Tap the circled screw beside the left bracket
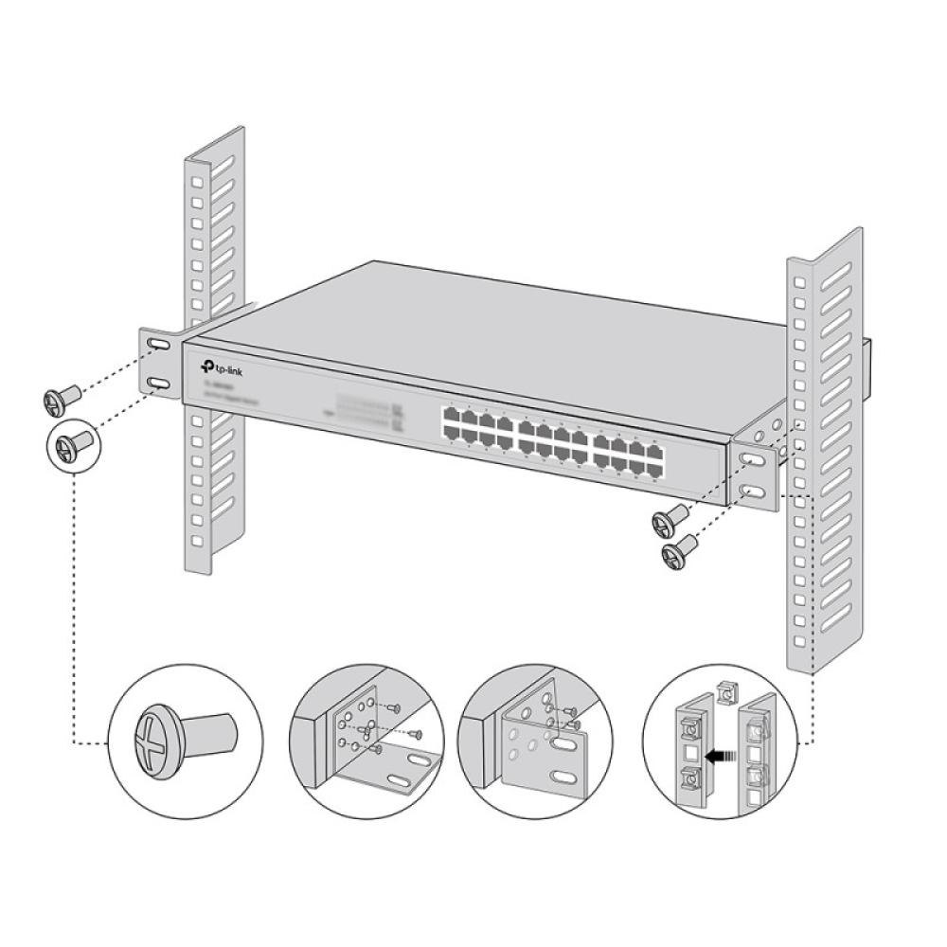coord(72,443)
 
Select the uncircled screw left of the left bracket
coord(58,399)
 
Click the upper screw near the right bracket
coord(670,517)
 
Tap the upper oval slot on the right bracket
coord(751,458)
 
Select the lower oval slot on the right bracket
coord(753,491)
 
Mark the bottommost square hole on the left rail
coord(197,541)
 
